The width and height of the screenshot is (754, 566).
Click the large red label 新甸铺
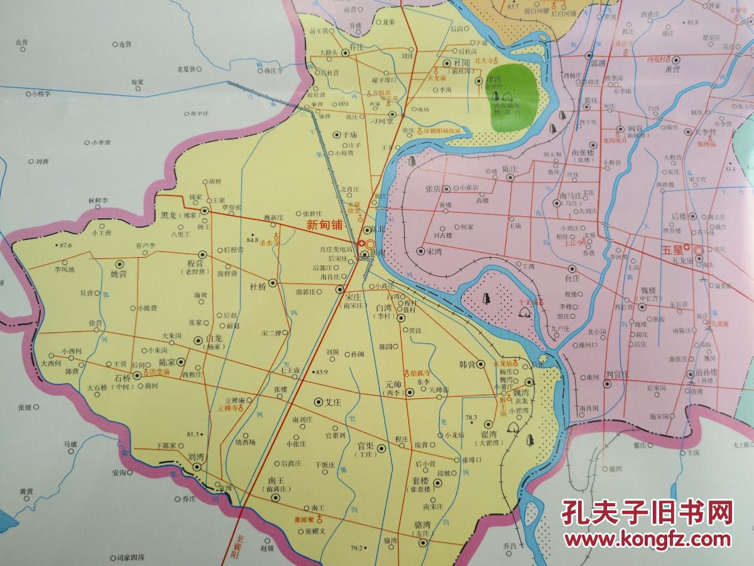tap(325, 224)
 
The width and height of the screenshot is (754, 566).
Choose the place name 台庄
tap(572, 277)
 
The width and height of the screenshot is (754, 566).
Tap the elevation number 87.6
tap(64, 245)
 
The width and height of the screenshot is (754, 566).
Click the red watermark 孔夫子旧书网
tap(647, 512)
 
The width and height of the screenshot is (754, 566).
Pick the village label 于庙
tap(349, 134)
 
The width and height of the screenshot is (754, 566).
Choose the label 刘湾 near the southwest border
tap(195, 457)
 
